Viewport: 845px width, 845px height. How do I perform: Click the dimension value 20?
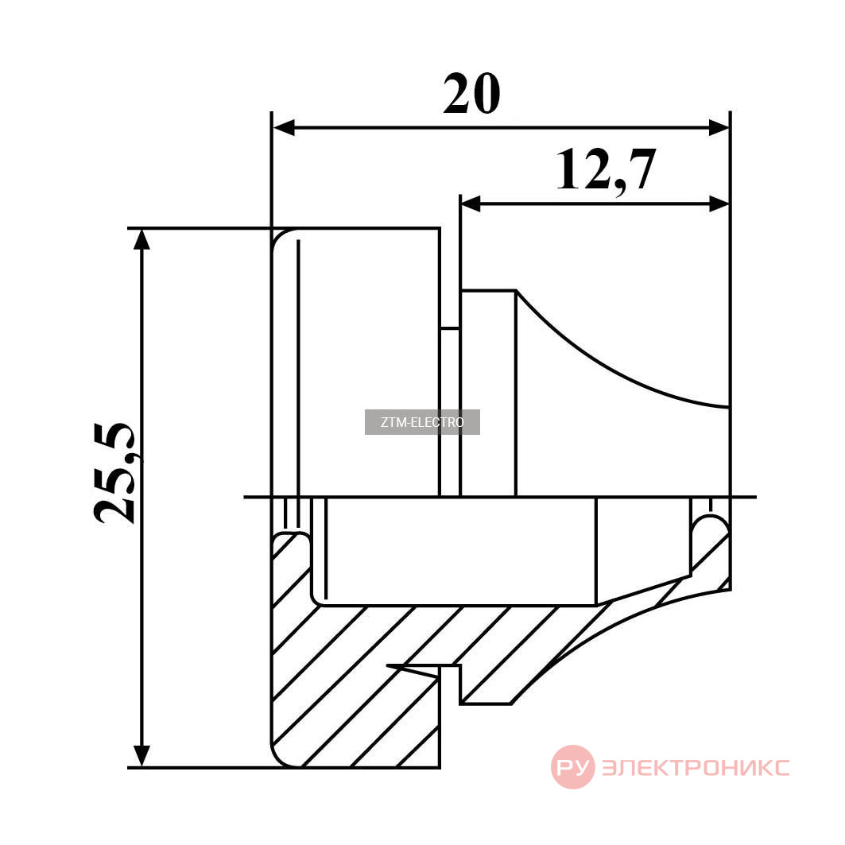coord(471,94)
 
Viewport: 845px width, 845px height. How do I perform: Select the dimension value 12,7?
coord(606,170)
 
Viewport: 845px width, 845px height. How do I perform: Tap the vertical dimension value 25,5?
coord(115,473)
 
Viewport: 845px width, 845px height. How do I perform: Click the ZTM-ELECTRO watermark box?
coord(422,422)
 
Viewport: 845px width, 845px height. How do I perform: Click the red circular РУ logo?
coord(573,767)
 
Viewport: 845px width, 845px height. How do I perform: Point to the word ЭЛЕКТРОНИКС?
coord(696,767)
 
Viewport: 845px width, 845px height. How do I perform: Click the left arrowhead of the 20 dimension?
coord(284,128)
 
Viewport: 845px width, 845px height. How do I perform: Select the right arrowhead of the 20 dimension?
coord(719,128)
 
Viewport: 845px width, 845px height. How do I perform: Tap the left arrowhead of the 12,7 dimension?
coord(471,203)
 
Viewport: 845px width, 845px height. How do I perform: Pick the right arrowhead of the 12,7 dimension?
coord(719,203)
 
